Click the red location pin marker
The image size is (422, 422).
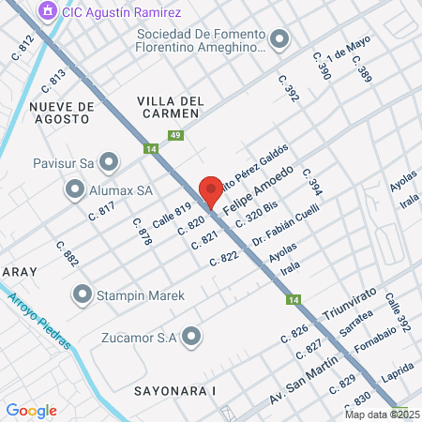pos(211,190)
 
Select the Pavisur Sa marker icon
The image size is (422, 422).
pos(111,162)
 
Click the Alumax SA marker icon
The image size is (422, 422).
pos(75,189)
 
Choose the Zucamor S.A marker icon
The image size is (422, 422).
pos(192,336)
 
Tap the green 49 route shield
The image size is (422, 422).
pos(174,135)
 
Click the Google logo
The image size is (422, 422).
pos(31,410)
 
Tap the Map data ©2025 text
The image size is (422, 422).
pos(382,414)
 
